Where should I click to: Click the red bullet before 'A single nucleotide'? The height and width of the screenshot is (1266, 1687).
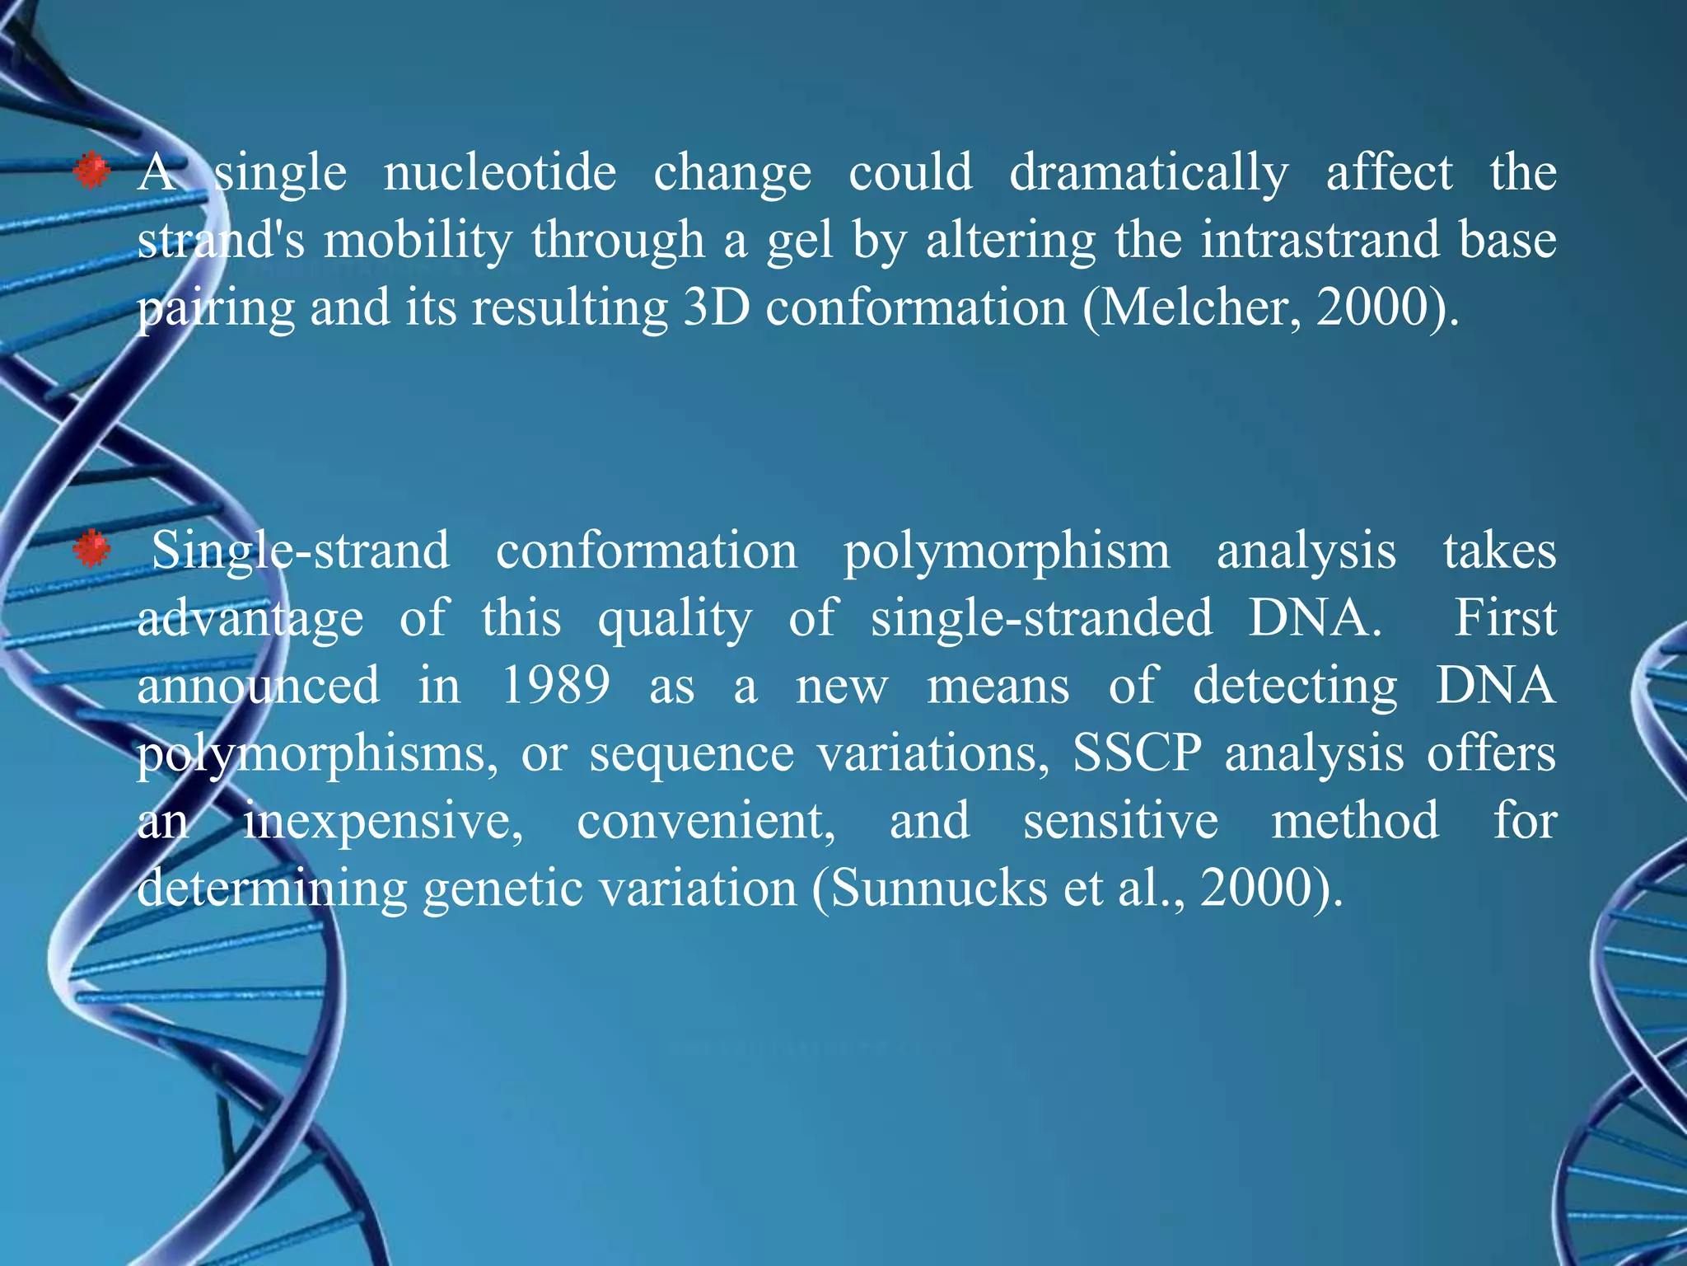pos(91,172)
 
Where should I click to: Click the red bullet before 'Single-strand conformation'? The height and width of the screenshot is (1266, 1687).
pos(91,550)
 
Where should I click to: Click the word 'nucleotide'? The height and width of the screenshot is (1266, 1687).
pos(499,173)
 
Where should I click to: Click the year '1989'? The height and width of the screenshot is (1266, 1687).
pos(556,686)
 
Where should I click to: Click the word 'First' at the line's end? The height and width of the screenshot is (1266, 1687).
pos(1504,618)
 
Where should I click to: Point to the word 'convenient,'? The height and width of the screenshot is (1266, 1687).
pos(706,821)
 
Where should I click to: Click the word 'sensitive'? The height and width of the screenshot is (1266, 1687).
pos(1120,821)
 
